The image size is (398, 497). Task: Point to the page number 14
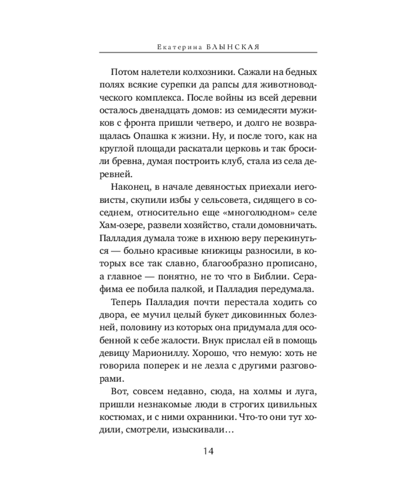coord(208,451)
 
